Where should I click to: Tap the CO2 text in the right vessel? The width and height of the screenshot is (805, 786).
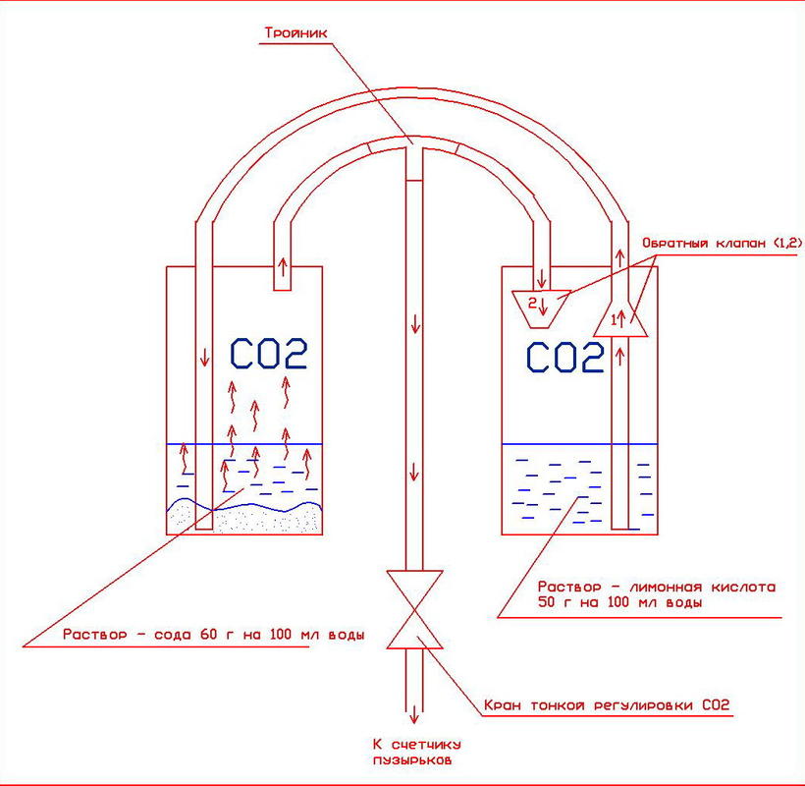[x=564, y=358]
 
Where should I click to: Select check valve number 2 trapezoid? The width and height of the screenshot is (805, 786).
[x=541, y=304]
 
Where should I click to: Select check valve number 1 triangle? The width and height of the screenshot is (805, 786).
[x=620, y=316]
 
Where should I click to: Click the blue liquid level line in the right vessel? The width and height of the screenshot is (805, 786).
[x=579, y=444]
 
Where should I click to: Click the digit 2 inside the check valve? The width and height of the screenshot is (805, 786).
[x=533, y=303]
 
